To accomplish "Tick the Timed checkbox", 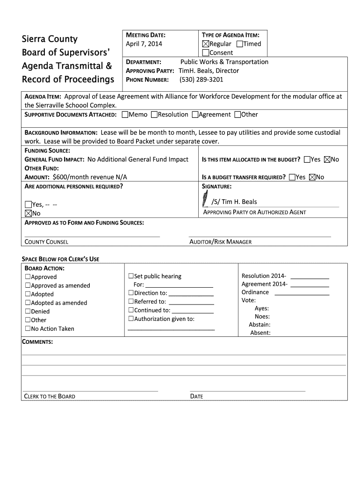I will click(x=240, y=44).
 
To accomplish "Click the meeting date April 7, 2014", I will click(x=144, y=44).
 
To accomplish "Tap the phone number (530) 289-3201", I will click(x=202, y=80).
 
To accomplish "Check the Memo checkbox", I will click(x=125, y=115).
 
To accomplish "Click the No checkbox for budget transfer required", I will click(x=312, y=177).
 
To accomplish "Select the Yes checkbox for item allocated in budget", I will click(x=307, y=160).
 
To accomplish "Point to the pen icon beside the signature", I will click(x=205, y=200).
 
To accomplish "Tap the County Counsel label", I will click(x=46, y=242).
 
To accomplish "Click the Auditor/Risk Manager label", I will click(x=220, y=242).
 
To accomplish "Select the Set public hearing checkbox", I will click(x=131, y=276).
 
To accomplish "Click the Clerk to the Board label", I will click(x=50, y=396).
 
